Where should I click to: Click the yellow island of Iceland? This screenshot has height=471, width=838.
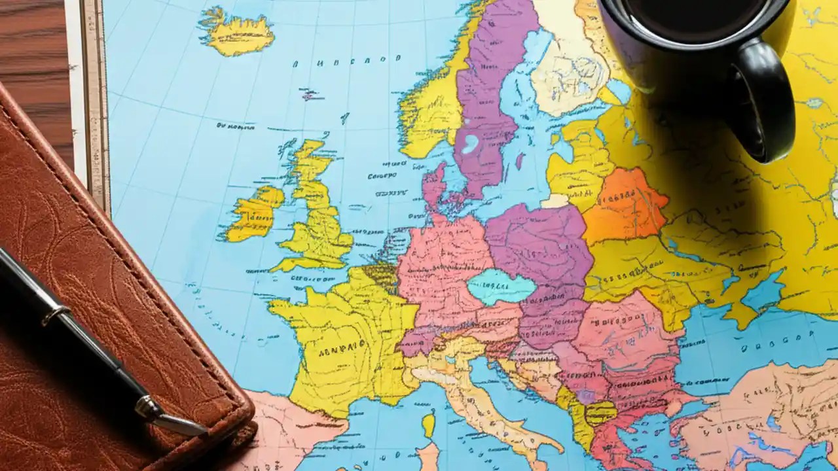[237, 33]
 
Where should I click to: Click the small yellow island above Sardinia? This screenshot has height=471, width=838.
[428, 425]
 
